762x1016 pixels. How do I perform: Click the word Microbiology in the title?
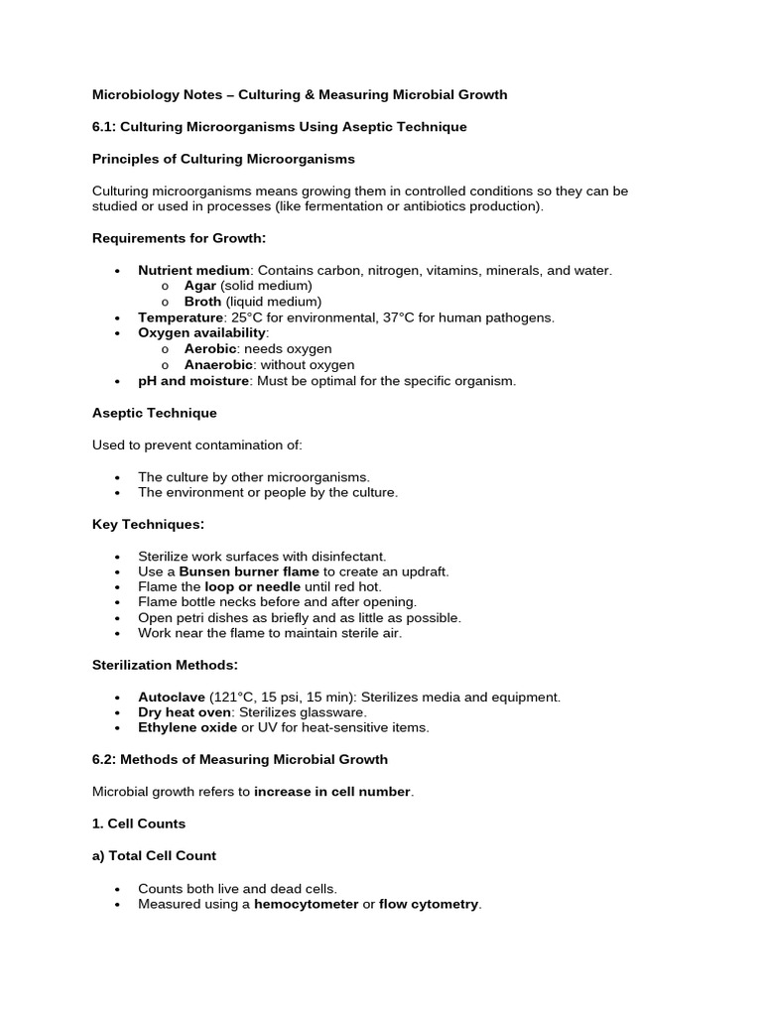tap(132, 95)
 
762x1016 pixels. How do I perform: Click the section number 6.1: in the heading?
tap(105, 127)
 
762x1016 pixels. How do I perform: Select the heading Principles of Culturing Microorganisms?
tap(223, 159)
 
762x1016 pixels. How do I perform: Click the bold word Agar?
tap(200, 286)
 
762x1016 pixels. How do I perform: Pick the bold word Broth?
tap(203, 302)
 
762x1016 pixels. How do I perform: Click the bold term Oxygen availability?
tap(201, 333)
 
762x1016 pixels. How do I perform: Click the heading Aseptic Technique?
tap(154, 413)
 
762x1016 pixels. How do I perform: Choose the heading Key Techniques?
tap(148, 524)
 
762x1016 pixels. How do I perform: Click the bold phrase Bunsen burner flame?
tap(249, 571)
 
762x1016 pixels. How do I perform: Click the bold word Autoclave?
tap(172, 698)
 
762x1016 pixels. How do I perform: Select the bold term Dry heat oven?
tap(184, 712)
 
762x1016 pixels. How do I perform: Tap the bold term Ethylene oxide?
tap(188, 728)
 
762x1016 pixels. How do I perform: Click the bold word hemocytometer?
tap(306, 905)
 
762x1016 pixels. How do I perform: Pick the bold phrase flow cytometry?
tap(429, 905)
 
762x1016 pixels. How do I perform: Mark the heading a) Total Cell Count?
tap(154, 855)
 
